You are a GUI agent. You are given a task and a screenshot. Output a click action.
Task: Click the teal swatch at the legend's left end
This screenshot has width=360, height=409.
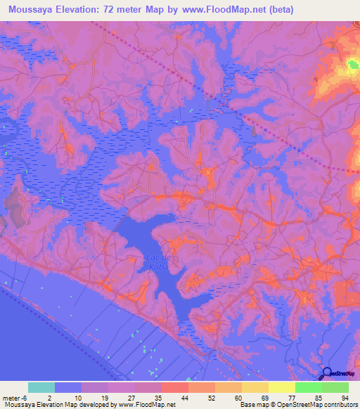pos(41,387)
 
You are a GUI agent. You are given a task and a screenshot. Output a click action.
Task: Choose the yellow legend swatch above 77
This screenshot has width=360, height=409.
pos(282,387)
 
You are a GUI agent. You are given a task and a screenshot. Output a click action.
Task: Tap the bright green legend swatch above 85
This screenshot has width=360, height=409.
pos(309,387)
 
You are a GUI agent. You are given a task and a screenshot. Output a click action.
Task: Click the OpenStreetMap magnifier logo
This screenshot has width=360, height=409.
pos(327,373)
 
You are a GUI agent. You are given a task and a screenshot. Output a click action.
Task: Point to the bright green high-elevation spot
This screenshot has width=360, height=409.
pos(352,67)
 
